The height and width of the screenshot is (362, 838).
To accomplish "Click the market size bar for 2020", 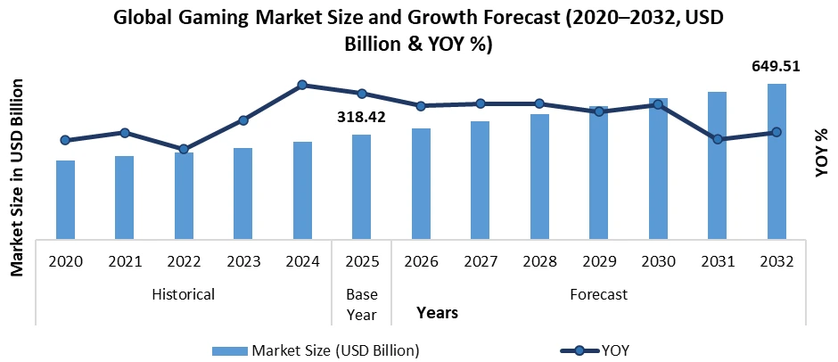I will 65,200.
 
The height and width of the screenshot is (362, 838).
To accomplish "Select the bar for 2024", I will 302,190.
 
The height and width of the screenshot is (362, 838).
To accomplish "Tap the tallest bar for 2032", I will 776,161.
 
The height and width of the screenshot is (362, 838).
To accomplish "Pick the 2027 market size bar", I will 480,180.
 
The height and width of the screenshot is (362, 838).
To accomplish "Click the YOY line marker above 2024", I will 302,85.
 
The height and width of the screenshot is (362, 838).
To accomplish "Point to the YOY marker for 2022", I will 184,149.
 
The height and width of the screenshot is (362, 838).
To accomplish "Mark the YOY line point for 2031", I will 717,139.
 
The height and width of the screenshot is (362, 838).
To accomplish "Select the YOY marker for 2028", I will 538,103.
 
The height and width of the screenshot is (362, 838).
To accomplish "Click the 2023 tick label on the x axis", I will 243,262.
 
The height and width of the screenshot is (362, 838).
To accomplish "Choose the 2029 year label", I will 598,262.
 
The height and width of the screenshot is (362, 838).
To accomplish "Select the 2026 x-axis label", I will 421,262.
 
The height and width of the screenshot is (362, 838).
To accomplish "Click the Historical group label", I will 184,293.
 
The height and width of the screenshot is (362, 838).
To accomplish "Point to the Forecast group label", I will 598,293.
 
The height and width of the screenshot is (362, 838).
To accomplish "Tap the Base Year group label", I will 361,303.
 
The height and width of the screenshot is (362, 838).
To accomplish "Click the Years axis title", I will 437,313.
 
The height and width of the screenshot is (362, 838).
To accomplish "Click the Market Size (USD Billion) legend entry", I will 316,349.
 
